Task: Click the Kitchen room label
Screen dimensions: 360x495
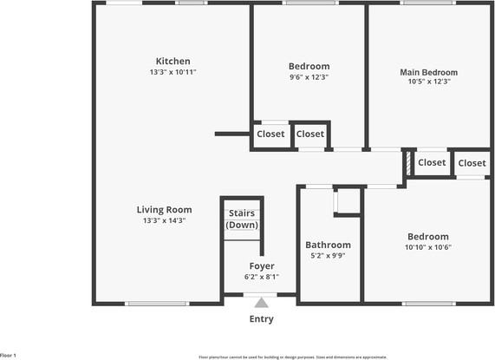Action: pyautogui.click(x=173, y=61)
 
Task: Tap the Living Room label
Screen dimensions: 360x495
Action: pyautogui.click(x=164, y=209)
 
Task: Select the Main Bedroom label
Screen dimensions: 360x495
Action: pyautogui.click(x=428, y=72)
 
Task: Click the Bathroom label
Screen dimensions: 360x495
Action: pyautogui.click(x=328, y=245)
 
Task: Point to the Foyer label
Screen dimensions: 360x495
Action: pyautogui.click(x=262, y=265)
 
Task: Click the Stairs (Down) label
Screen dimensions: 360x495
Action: pyautogui.click(x=242, y=219)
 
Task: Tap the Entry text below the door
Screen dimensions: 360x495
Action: pyautogui.click(x=261, y=318)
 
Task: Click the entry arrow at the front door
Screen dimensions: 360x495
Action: pyautogui.click(x=261, y=302)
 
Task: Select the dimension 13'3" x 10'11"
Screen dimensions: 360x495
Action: pyautogui.click(x=173, y=72)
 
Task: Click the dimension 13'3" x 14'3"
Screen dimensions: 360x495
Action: pyautogui.click(x=164, y=220)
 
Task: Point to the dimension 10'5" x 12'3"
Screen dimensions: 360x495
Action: pyautogui.click(x=428, y=82)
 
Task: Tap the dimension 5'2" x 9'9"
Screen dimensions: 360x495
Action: pyautogui.click(x=328, y=255)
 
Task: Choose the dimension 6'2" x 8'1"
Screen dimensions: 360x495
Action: pyautogui.click(x=262, y=277)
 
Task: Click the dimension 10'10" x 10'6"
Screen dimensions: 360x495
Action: pyautogui.click(x=428, y=247)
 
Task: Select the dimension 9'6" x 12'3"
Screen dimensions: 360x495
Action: pyautogui.click(x=309, y=77)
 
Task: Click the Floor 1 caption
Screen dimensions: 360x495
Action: pyautogui.click(x=9, y=355)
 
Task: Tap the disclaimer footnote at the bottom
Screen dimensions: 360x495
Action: pyautogui.click(x=292, y=356)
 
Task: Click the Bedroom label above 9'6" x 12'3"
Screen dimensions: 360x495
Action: pyautogui.click(x=309, y=66)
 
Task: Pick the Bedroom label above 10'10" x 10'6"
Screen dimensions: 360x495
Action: pyautogui.click(x=428, y=236)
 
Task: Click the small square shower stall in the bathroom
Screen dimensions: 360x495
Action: pyautogui.click(x=348, y=200)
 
